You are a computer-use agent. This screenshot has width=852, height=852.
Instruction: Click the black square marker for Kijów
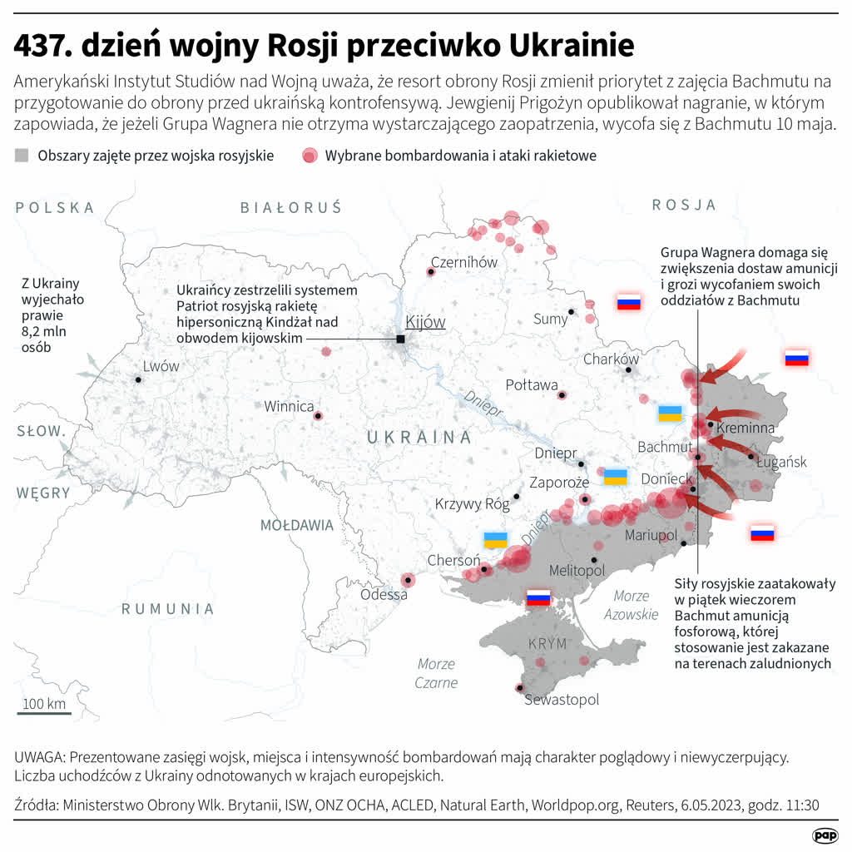point(400,339)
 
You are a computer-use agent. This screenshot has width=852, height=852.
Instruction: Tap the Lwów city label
point(161,366)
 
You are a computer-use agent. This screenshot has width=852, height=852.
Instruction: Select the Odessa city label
point(384,595)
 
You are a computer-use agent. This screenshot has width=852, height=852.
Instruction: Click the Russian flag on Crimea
point(538,597)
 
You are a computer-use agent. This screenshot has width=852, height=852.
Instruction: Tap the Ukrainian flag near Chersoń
point(496,539)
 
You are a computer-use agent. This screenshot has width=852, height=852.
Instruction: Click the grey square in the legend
point(22,156)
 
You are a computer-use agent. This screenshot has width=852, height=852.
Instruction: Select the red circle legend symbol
point(310,156)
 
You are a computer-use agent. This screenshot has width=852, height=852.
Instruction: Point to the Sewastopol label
point(562,700)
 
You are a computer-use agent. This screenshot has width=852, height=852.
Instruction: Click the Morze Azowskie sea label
point(636,605)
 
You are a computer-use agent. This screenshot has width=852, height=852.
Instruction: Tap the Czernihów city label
point(464,262)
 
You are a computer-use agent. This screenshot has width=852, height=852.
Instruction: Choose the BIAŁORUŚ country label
point(290,208)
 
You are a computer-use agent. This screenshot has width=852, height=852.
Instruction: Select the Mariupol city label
point(651,534)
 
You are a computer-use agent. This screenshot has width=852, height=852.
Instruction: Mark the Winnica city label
point(289,407)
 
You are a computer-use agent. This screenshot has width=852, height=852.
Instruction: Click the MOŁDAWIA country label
point(297,525)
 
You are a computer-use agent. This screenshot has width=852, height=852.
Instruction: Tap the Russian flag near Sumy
point(628,302)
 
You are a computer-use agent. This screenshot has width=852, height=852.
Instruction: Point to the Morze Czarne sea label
point(437,673)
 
